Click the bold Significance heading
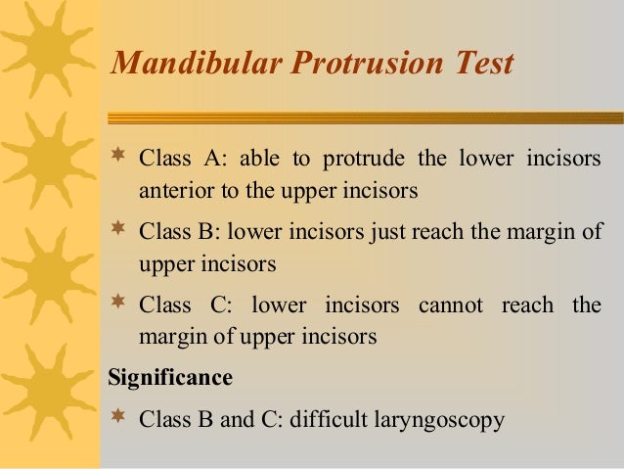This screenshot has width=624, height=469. point(170,377)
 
